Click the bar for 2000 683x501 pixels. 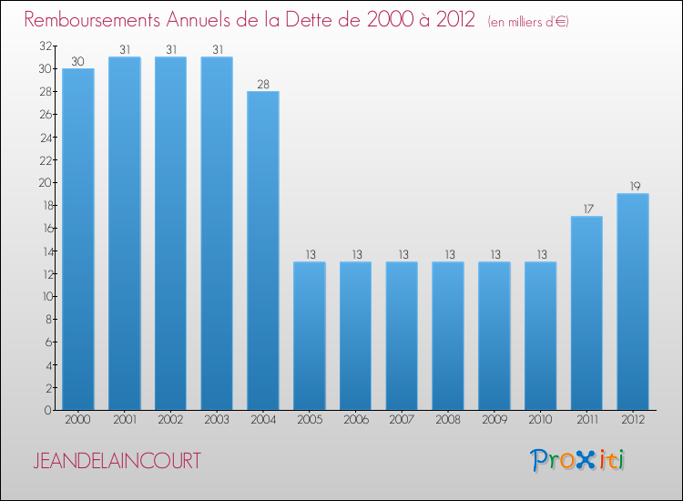(x=78, y=239)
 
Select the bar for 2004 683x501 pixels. (x=263, y=250)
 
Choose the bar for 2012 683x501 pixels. (x=633, y=302)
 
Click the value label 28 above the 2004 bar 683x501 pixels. (x=263, y=84)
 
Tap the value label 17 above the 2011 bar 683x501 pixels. (x=586, y=209)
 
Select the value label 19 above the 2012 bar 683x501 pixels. (x=633, y=186)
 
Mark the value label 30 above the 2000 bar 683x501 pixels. (x=78, y=61)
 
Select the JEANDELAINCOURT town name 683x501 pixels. (x=117, y=461)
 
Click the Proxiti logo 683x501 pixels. (x=577, y=460)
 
